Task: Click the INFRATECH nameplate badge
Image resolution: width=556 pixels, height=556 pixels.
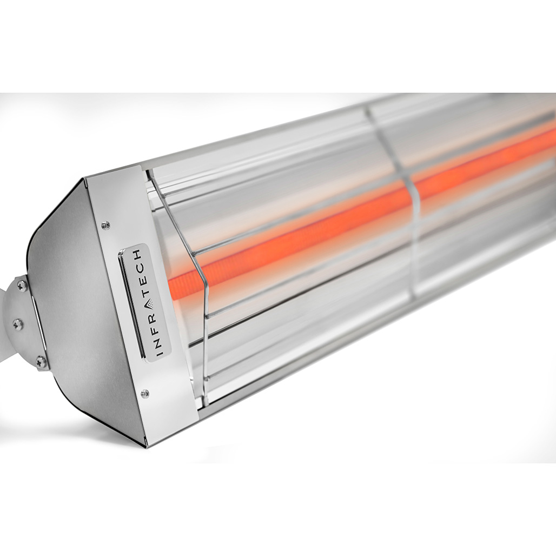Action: click(144, 303)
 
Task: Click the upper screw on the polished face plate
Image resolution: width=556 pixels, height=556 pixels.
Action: click(105, 224)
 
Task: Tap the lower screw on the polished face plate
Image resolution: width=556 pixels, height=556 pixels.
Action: click(144, 394)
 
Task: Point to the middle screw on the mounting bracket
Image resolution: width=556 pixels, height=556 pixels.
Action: click(18, 324)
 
